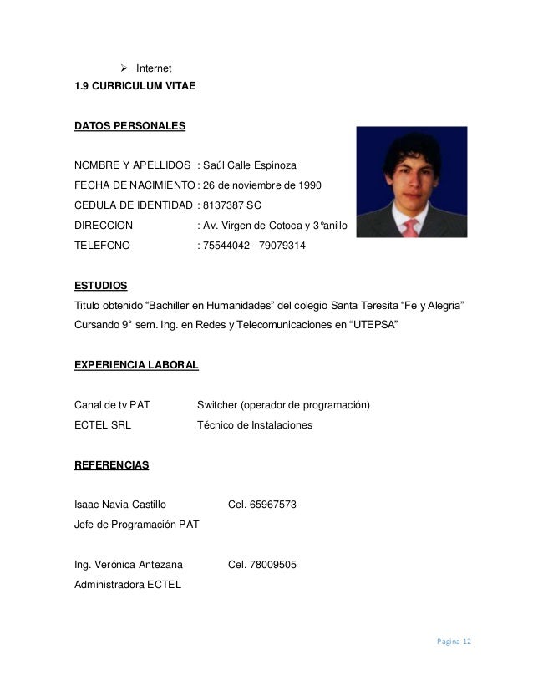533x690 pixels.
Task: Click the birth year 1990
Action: [305, 184]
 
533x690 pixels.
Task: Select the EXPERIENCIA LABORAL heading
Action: [136, 365]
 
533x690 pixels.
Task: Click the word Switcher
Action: [216, 405]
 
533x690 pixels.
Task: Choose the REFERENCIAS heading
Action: [112, 464]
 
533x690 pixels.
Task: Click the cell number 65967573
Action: [273, 505]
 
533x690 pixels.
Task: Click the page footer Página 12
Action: [452, 641]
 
